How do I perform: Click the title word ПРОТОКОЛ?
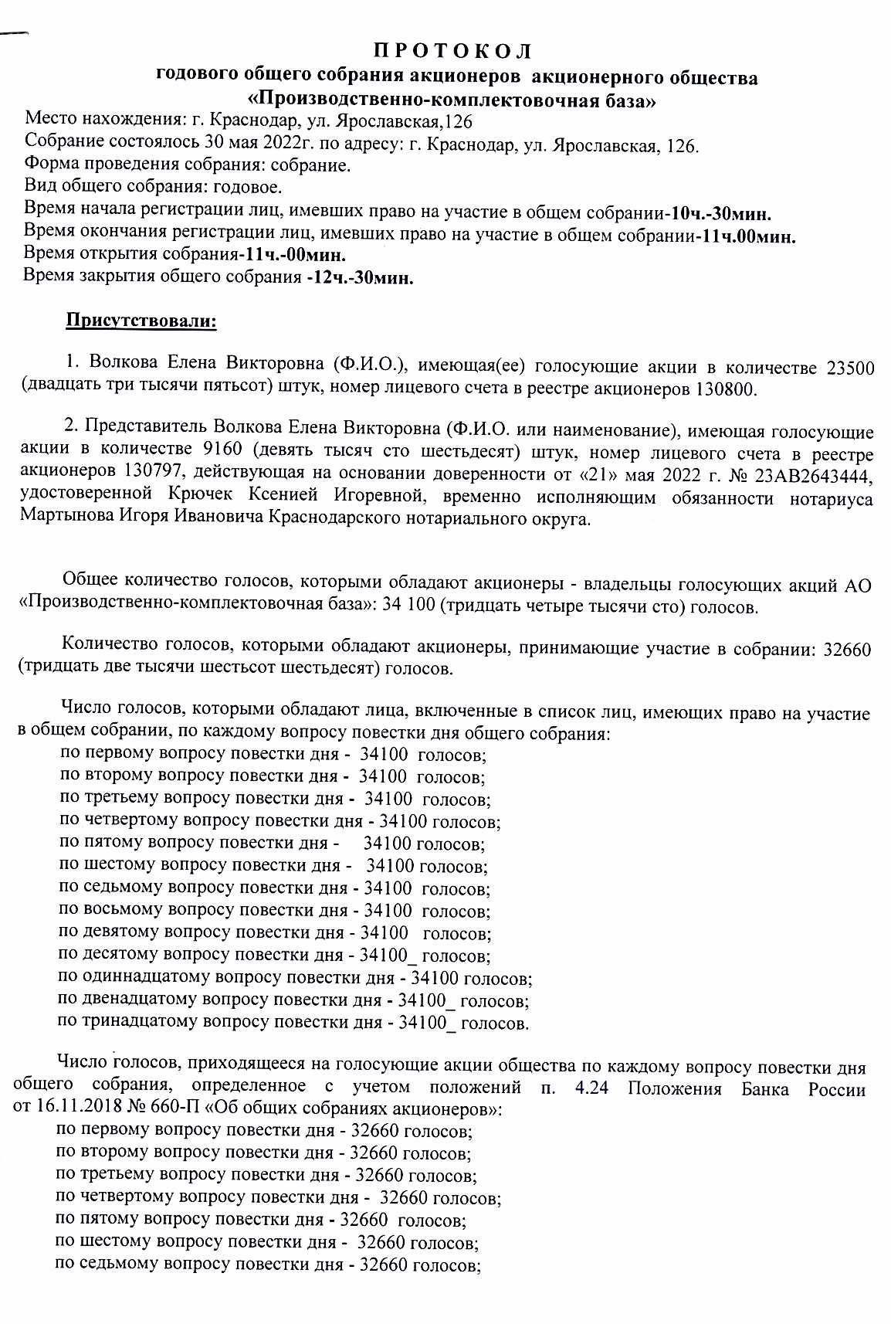(452, 52)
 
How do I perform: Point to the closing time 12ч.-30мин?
(360, 278)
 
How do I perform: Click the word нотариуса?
(832, 498)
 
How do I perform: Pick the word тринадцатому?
(134, 1023)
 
